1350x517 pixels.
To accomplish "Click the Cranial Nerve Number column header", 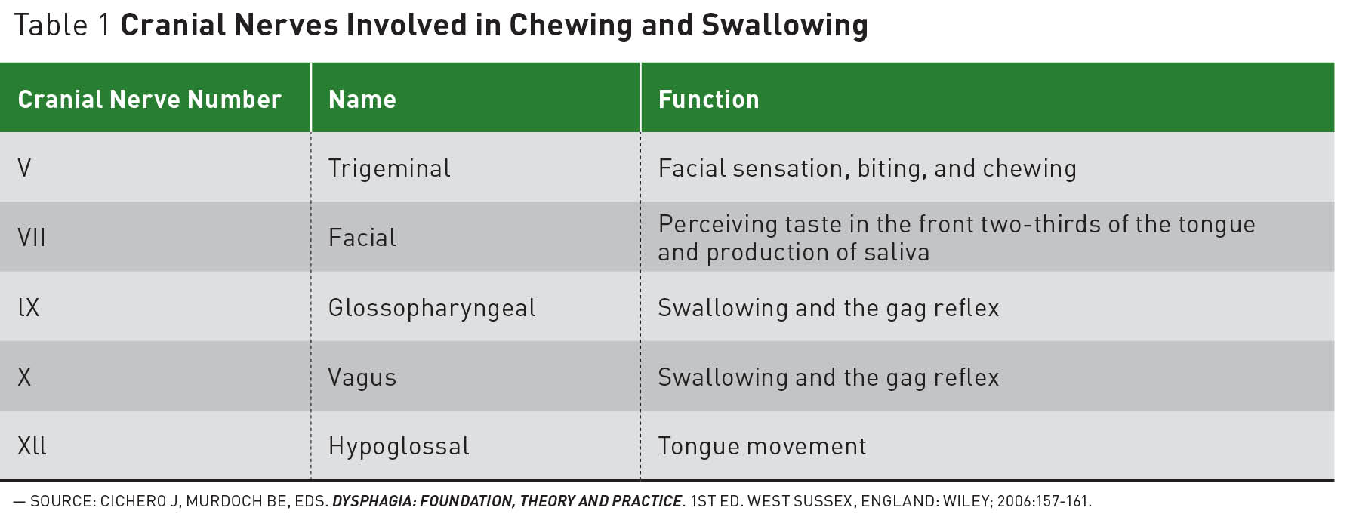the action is pyautogui.click(x=149, y=100).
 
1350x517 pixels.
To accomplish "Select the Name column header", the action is pyautogui.click(x=362, y=100).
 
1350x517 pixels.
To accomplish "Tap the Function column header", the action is pyautogui.click(x=709, y=100).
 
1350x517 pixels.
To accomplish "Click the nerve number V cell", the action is pyautogui.click(x=24, y=168).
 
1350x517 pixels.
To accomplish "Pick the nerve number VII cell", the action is pyautogui.click(x=32, y=238).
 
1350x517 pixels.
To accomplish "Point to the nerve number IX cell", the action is pyautogui.click(x=28, y=307).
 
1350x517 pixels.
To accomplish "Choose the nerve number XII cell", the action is pyautogui.click(x=32, y=446).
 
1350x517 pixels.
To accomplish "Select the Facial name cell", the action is pyautogui.click(x=362, y=238).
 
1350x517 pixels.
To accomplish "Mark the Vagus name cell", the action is pyautogui.click(x=362, y=377).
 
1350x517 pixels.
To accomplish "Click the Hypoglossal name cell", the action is pyautogui.click(x=399, y=447).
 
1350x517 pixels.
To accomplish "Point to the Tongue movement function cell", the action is pyautogui.click(x=762, y=447).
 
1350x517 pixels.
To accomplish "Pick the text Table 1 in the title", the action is pyautogui.click(x=62, y=26).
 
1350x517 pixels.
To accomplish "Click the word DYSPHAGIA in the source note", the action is pyautogui.click(x=374, y=502).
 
